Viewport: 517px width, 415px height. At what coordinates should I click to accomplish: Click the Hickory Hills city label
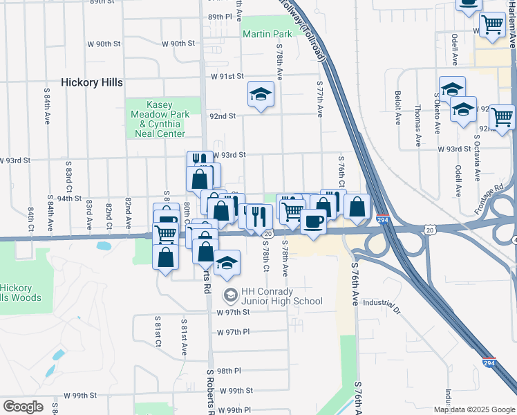pyautogui.click(x=92, y=82)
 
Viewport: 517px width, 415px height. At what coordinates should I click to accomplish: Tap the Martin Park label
pyautogui.click(x=267, y=33)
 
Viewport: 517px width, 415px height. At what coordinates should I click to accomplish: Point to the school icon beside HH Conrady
pyautogui.click(x=230, y=295)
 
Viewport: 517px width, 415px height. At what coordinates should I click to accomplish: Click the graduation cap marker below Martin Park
pyautogui.click(x=261, y=94)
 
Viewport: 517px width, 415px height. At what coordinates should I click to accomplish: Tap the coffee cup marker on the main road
pyautogui.click(x=313, y=221)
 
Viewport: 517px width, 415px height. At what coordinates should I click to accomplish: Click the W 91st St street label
pyautogui.click(x=228, y=76)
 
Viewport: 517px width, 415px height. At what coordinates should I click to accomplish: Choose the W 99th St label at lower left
pyautogui.click(x=80, y=396)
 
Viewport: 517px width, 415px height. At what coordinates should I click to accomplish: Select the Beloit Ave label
pyautogui.click(x=398, y=108)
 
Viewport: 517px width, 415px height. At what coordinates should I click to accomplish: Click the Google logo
pyautogui.click(x=23, y=407)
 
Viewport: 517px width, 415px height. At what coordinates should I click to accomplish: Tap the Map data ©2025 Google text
pyautogui.click(x=474, y=409)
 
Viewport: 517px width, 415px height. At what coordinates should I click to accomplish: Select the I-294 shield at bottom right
pyautogui.click(x=489, y=362)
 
